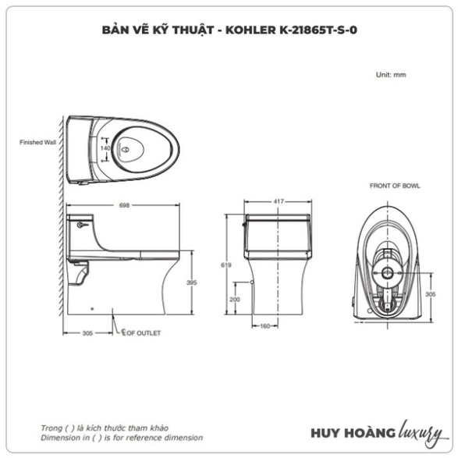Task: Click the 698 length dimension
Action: pos(124,205)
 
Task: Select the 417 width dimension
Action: pos(279,201)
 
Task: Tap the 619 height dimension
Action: pos(226,265)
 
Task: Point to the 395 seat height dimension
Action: pos(192,282)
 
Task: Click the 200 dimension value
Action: pos(235,300)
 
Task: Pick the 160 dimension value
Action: pos(265,326)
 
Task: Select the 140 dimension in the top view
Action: pos(105,148)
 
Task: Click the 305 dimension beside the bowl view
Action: pos(430,294)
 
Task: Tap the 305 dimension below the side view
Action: pos(87,333)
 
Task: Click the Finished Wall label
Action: pos(37,142)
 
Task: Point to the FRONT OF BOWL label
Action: pos(395,186)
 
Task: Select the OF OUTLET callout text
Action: pos(144,333)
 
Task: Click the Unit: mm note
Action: pos(391,75)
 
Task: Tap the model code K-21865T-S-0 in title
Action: pos(318,30)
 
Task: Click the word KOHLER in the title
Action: pos(250,30)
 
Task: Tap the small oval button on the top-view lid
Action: pos(126,150)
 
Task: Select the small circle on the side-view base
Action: pos(92,308)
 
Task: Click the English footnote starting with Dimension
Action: pos(122,438)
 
